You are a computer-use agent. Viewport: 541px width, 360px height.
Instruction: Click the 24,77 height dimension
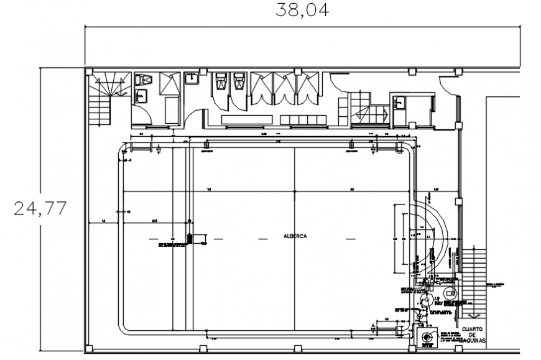pyautogui.click(x=40, y=208)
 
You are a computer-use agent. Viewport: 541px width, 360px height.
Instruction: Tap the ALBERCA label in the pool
pyautogui.click(x=295, y=236)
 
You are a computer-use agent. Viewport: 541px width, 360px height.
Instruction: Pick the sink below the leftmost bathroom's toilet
pyautogui.click(x=142, y=96)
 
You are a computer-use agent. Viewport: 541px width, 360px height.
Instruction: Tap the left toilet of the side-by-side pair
pyautogui.click(x=221, y=82)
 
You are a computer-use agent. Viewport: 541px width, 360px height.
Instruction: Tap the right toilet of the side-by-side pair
pyautogui.click(x=238, y=82)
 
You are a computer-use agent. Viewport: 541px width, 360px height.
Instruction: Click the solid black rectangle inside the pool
pyautogui.click(x=189, y=239)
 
